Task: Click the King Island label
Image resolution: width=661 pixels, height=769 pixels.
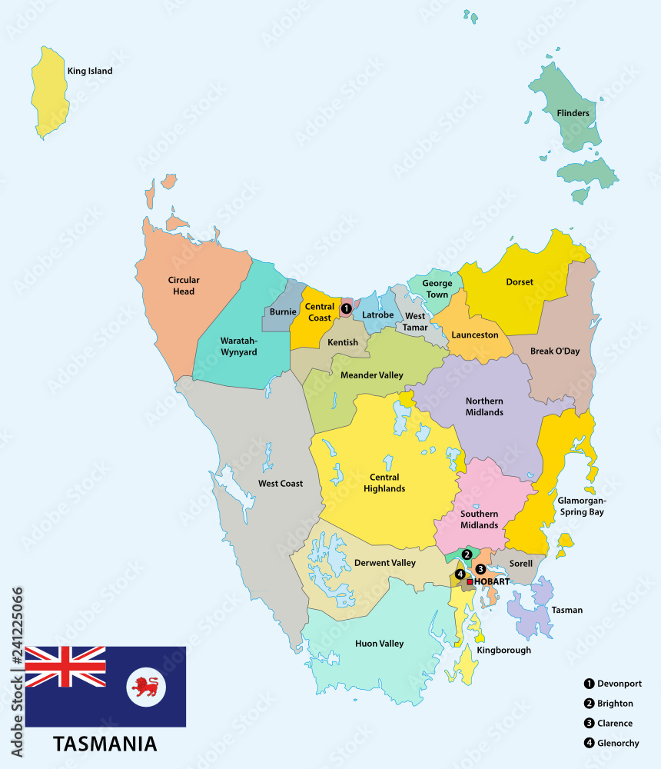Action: (90, 71)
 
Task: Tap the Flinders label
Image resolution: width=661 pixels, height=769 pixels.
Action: (573, 113)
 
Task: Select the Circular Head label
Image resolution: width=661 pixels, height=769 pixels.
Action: (184, 285)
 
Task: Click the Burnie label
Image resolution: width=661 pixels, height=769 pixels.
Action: (283, 312)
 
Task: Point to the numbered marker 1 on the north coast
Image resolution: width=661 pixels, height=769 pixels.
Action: (346, 308)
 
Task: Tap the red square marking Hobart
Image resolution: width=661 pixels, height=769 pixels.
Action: (470, 582)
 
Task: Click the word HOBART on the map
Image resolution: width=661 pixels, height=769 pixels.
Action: (492, 582)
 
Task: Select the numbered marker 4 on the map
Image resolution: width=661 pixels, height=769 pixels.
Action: (460, 574)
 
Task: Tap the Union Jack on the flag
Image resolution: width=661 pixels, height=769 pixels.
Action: (65, 667)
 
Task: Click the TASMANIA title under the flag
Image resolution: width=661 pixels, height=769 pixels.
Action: (105, 744)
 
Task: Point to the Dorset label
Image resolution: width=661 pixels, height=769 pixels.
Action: (520, 282)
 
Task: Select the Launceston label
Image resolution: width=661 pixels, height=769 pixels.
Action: (475, 335)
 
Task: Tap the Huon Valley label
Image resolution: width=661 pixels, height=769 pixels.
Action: (379, 644)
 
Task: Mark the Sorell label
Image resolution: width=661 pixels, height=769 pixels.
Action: (520, 564)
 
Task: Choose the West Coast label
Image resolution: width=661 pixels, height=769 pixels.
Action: (281, 484)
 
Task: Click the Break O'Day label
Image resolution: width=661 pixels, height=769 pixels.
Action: (555, 351)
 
